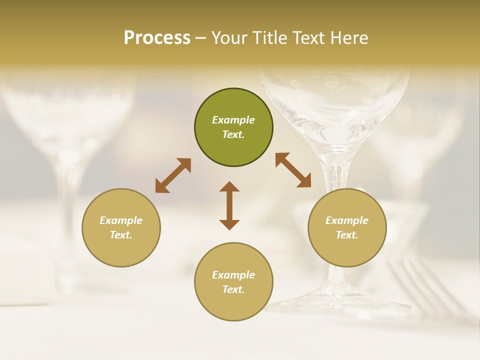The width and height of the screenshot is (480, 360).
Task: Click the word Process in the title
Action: pyautogui.click(x=157, y=38)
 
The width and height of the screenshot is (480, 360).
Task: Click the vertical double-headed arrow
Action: pyautogui.click(x=229, y=205)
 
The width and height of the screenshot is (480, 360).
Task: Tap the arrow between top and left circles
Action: pyautogui.click(x=173, y=175)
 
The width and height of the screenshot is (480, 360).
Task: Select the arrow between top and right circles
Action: pyautogui.click(x=293, y=170)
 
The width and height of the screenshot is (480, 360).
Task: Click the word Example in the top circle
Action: pyautogui.click(x=233, y=120)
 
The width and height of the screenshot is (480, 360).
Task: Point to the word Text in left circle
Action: pyautogui.click(x=121, y=235)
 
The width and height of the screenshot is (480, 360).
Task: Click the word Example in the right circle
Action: pyautogui.click(x=347, y=220)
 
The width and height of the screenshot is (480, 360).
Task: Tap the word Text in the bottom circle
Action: pyautogui.click(x=233, y=289)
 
